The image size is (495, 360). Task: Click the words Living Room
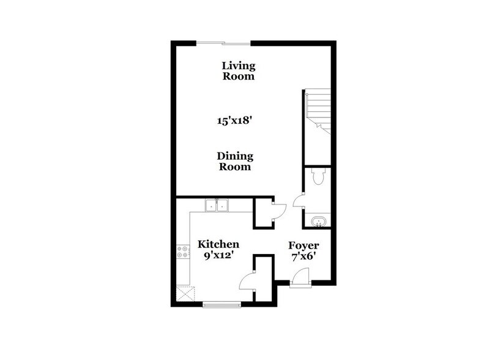coord(238,71)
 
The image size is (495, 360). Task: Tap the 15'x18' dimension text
coord(235,121)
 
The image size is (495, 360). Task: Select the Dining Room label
coord(235,162)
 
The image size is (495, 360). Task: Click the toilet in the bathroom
coord(317,176)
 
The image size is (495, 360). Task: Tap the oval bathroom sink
coord(318,221)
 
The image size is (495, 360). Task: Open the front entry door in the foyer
coord(299,279)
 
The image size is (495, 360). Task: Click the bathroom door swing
coord(297,201)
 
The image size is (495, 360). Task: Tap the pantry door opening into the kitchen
coord(248,280)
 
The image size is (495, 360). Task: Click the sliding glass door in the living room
coord(223,43)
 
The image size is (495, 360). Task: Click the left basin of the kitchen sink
coord(211,206)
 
